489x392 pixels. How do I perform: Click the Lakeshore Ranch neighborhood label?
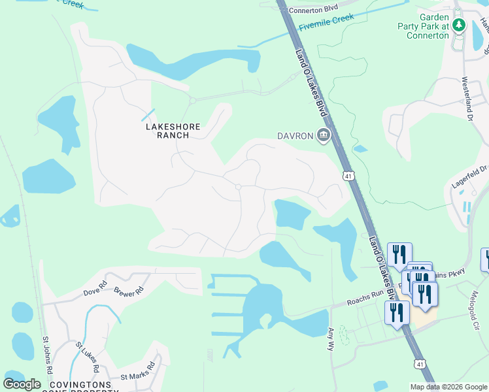[168, 130]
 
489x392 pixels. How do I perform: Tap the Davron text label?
[295, 136]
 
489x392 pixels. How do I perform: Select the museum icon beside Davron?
[322, 136]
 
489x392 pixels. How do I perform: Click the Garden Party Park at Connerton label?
[424, 27]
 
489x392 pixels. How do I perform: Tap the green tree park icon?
[459, 25]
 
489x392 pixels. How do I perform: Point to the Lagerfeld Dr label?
[470, 177]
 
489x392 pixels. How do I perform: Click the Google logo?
[22, 384]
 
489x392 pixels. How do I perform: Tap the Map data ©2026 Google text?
[448, 387]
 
